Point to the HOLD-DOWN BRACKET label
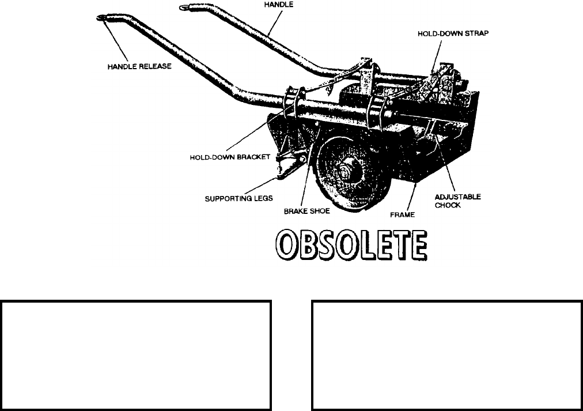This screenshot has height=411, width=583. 229,157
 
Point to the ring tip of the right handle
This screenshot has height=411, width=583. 185,7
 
